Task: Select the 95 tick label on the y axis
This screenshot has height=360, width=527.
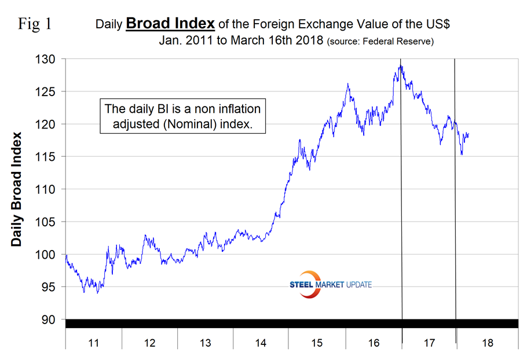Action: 49,287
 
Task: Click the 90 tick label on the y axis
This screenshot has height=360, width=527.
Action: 49,319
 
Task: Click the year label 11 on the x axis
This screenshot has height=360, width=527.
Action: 93,343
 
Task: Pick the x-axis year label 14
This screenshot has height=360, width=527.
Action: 261,343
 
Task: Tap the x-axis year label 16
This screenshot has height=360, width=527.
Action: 374,343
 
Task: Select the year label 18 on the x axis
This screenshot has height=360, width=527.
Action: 487,343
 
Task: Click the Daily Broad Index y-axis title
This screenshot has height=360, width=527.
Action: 17,189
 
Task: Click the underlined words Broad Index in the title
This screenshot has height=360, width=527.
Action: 171,24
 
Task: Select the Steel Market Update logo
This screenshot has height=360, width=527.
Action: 330,284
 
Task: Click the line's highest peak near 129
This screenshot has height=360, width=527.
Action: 400,65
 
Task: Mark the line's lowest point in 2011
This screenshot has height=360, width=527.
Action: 97,293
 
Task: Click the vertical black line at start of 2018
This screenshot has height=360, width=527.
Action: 455,191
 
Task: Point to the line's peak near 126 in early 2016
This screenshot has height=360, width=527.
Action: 347,84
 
